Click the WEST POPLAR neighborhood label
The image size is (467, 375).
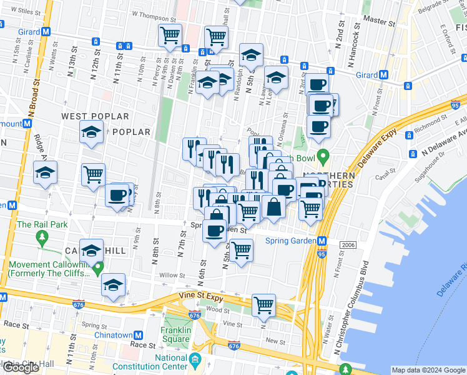pyautogui.click(x=95, y=116)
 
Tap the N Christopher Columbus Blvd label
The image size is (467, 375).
pyautogui.click(x=351, y=312)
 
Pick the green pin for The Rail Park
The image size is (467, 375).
pyautogui.click(x=42, y=237)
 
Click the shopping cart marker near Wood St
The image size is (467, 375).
pyautogui.click(x=264, y=305)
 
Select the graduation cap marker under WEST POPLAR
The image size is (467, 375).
pyautogui.click(x=91, y=132)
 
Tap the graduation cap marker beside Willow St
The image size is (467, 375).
pyautogui.click(x=113, y=285)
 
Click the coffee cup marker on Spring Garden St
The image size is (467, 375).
pyautogui.click(x=214, y=231)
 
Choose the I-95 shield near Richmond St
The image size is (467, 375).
pyautogui.click(x=456, y=107)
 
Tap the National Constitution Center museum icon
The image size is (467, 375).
pyautogui.click(x=195, y=359)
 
